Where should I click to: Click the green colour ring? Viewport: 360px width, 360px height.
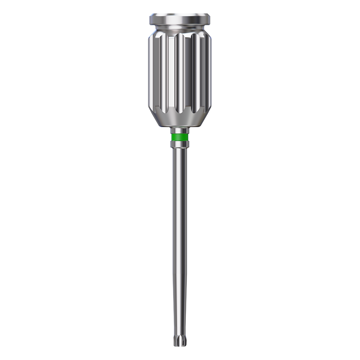(x=180, y=138)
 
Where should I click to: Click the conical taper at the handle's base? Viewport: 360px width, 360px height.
(x=180, y=121)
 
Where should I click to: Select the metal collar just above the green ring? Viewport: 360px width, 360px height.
(x=180, y=131)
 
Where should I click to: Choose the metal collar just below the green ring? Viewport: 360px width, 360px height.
(x=180, y=144)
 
